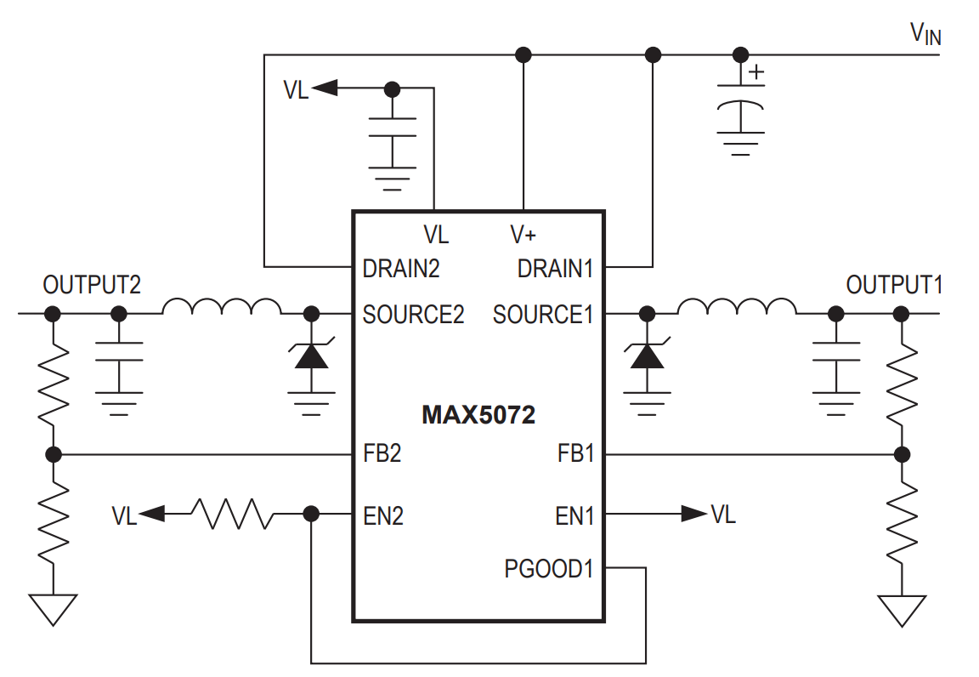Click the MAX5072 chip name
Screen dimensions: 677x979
click(x=478, y=417)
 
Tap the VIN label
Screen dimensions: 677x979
click(x=925, y=34)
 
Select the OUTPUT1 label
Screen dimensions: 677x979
click(x=894, y=285)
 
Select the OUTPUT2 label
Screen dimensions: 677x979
click(x=92, y=285)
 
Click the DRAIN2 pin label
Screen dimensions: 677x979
click(x=401, y=269)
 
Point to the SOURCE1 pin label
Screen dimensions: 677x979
click(x=543, y=315)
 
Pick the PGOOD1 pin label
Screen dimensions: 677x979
click(x=548, y=569)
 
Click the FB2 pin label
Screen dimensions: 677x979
click(x=382, y=453)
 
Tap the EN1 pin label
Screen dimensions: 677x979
click(x=574, y=515)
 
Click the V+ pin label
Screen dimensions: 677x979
click(x=523, y=234)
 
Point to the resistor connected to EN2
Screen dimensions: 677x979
click(x=231, y=514)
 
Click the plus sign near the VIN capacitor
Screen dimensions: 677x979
click(x=755, y=73)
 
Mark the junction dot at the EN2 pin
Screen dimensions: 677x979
click(x=311, y=514)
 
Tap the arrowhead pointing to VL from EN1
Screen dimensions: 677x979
click(x=694, y=514)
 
